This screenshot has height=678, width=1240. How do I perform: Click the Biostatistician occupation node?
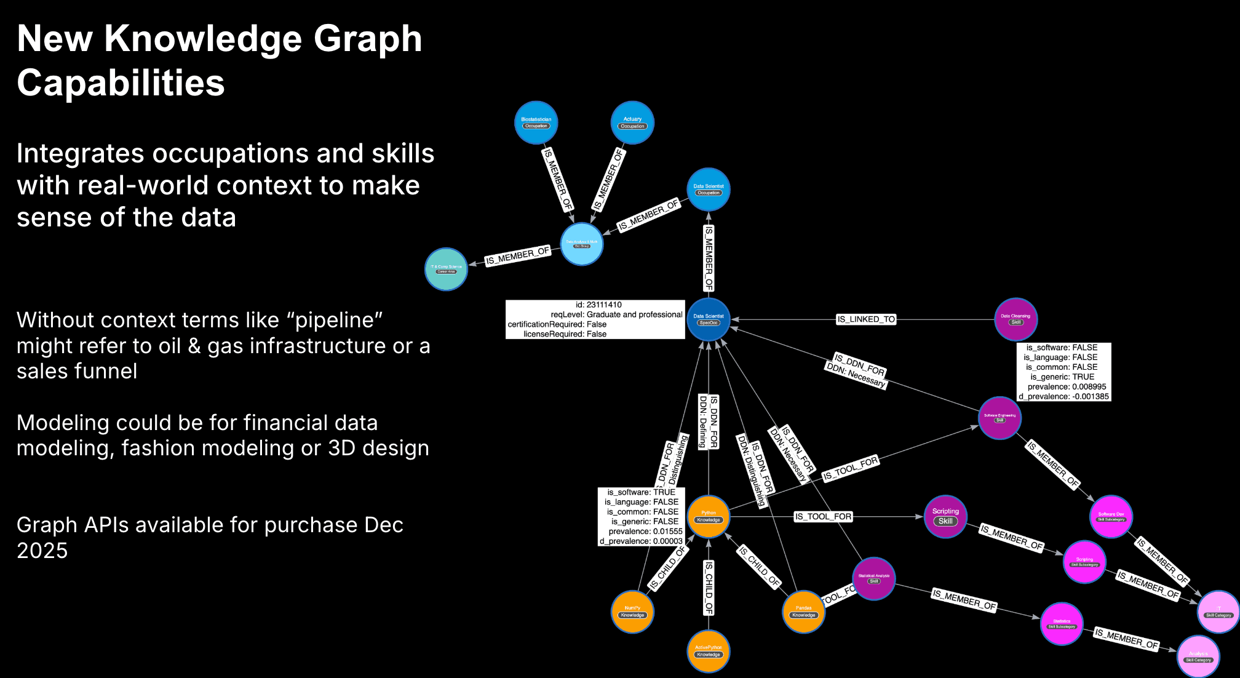[536, 122]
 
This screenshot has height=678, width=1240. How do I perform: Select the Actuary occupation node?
[632, 122]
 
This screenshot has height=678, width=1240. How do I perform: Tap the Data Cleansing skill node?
[1015, 319]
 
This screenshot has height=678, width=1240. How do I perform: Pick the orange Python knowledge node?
[709, 516]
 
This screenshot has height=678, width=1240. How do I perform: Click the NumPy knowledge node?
[632, 612]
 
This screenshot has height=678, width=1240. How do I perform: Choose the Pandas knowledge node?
[803, 612]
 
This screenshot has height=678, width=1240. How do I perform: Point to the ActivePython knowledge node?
[709, 651]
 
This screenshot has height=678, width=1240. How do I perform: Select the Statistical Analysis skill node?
[873, 578]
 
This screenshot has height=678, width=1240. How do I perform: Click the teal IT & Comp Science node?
[446, 269]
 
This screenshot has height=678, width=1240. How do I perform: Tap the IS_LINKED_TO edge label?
[866, 319]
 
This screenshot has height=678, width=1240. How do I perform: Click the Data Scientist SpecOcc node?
[709, 319]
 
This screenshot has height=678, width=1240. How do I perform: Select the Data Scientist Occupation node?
[709, 189]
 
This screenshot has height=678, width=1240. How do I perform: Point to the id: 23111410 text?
[598, 305]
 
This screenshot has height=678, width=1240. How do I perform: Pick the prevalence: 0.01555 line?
[645, 532]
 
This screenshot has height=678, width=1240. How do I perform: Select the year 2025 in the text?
[42, 551]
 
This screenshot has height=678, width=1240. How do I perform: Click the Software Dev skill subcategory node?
[1111, 516]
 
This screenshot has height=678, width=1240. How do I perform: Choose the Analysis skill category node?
[1198, 656]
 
